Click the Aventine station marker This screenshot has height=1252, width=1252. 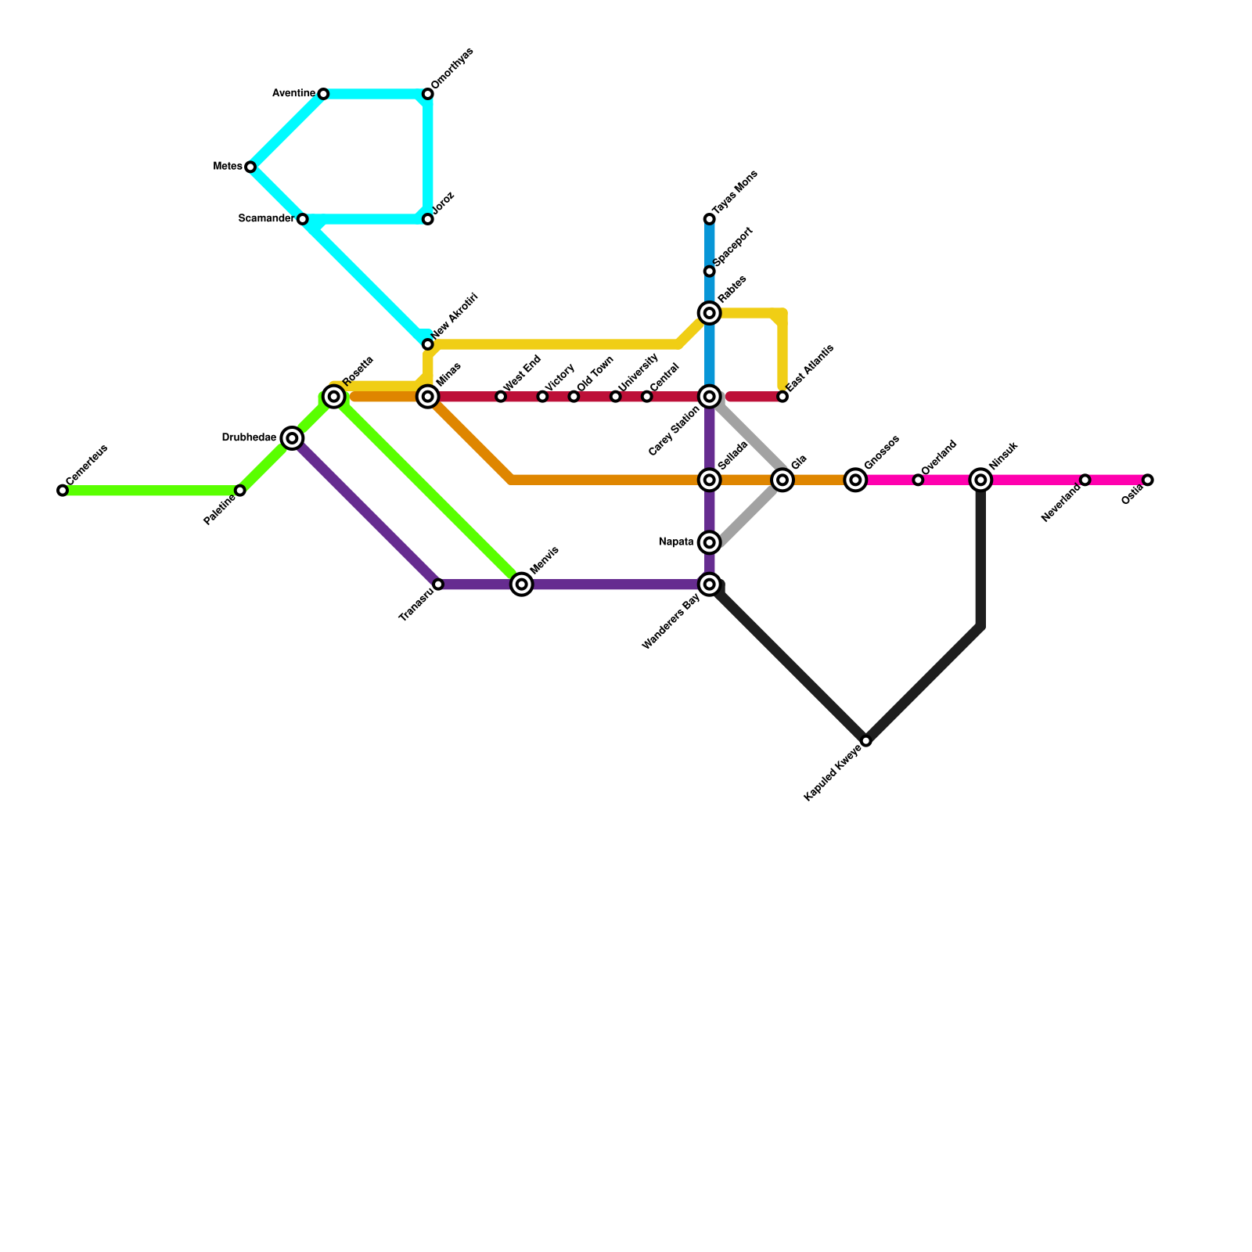(x=323, y=94)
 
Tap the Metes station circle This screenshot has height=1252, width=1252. (x=250, y=167)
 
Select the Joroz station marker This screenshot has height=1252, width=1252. (x=428, y=219)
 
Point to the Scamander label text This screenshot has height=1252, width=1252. (x=266, y=219)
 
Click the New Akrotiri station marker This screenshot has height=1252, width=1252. (x=428, y=344)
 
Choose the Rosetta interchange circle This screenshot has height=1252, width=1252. (x=334, y=397)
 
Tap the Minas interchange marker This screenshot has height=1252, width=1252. (x=428, y=397)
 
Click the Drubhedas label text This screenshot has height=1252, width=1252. (x=249, y=438)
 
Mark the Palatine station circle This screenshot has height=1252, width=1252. (x=240, y=491)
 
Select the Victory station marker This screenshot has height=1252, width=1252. (x=542, y=397)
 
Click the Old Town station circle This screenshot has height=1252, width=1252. (x=574, y=397)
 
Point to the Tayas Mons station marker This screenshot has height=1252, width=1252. (x=709, y=219)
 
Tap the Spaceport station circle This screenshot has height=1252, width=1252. (x=709, y=272)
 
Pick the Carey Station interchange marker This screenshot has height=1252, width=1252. (x=710, y=397)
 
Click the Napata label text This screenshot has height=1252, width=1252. (x=676, y=542)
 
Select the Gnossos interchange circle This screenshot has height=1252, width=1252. (x=855, y=480)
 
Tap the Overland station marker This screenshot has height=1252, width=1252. (x=918, y=480)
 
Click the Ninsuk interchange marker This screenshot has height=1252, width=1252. (x=980, y=480)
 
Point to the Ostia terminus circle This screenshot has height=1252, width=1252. (x=1147, y=480)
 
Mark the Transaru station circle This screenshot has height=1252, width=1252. (x=438, y=585)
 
